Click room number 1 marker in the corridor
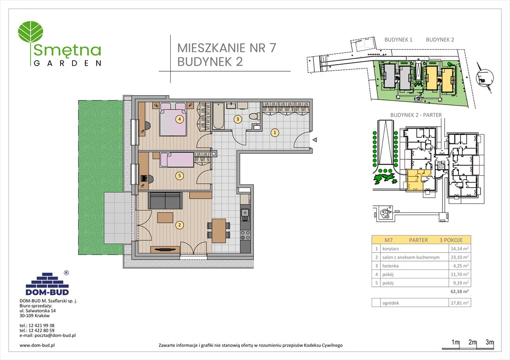[x=275, y=133]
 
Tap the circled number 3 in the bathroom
[x=238, y=119]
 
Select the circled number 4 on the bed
[x=179, y=119]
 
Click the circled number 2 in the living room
[x=179, y=225]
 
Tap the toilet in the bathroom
[x=253, y=115]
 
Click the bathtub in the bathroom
[x=218, y=116]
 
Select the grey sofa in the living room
[x=165, y=200]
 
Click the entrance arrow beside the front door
[x=315, y=139]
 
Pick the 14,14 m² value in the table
[x=459, y=248]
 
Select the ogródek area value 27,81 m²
[x=459, y=303]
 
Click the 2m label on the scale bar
[x=472, y=343]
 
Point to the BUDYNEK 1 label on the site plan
[x=398, y=40]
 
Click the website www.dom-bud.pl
[x=38, y=345]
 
